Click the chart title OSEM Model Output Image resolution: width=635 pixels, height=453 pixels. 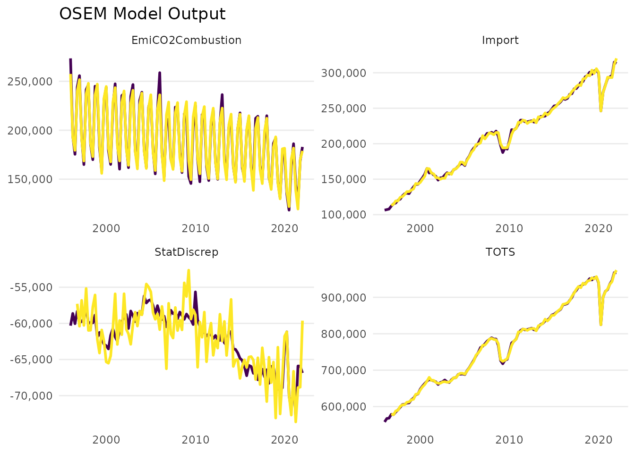[142, 14]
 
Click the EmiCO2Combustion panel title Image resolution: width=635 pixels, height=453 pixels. [187, 41]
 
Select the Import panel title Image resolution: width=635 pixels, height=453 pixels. [500, 41]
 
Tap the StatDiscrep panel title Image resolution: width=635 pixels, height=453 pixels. [187, 252]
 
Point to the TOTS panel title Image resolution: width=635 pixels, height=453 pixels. [500, 252]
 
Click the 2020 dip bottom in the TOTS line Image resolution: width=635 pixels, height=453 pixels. [601, 325]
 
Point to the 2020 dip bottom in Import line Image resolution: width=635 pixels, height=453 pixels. [601, 111]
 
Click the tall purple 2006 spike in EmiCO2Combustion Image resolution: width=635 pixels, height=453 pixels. [160, 73]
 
